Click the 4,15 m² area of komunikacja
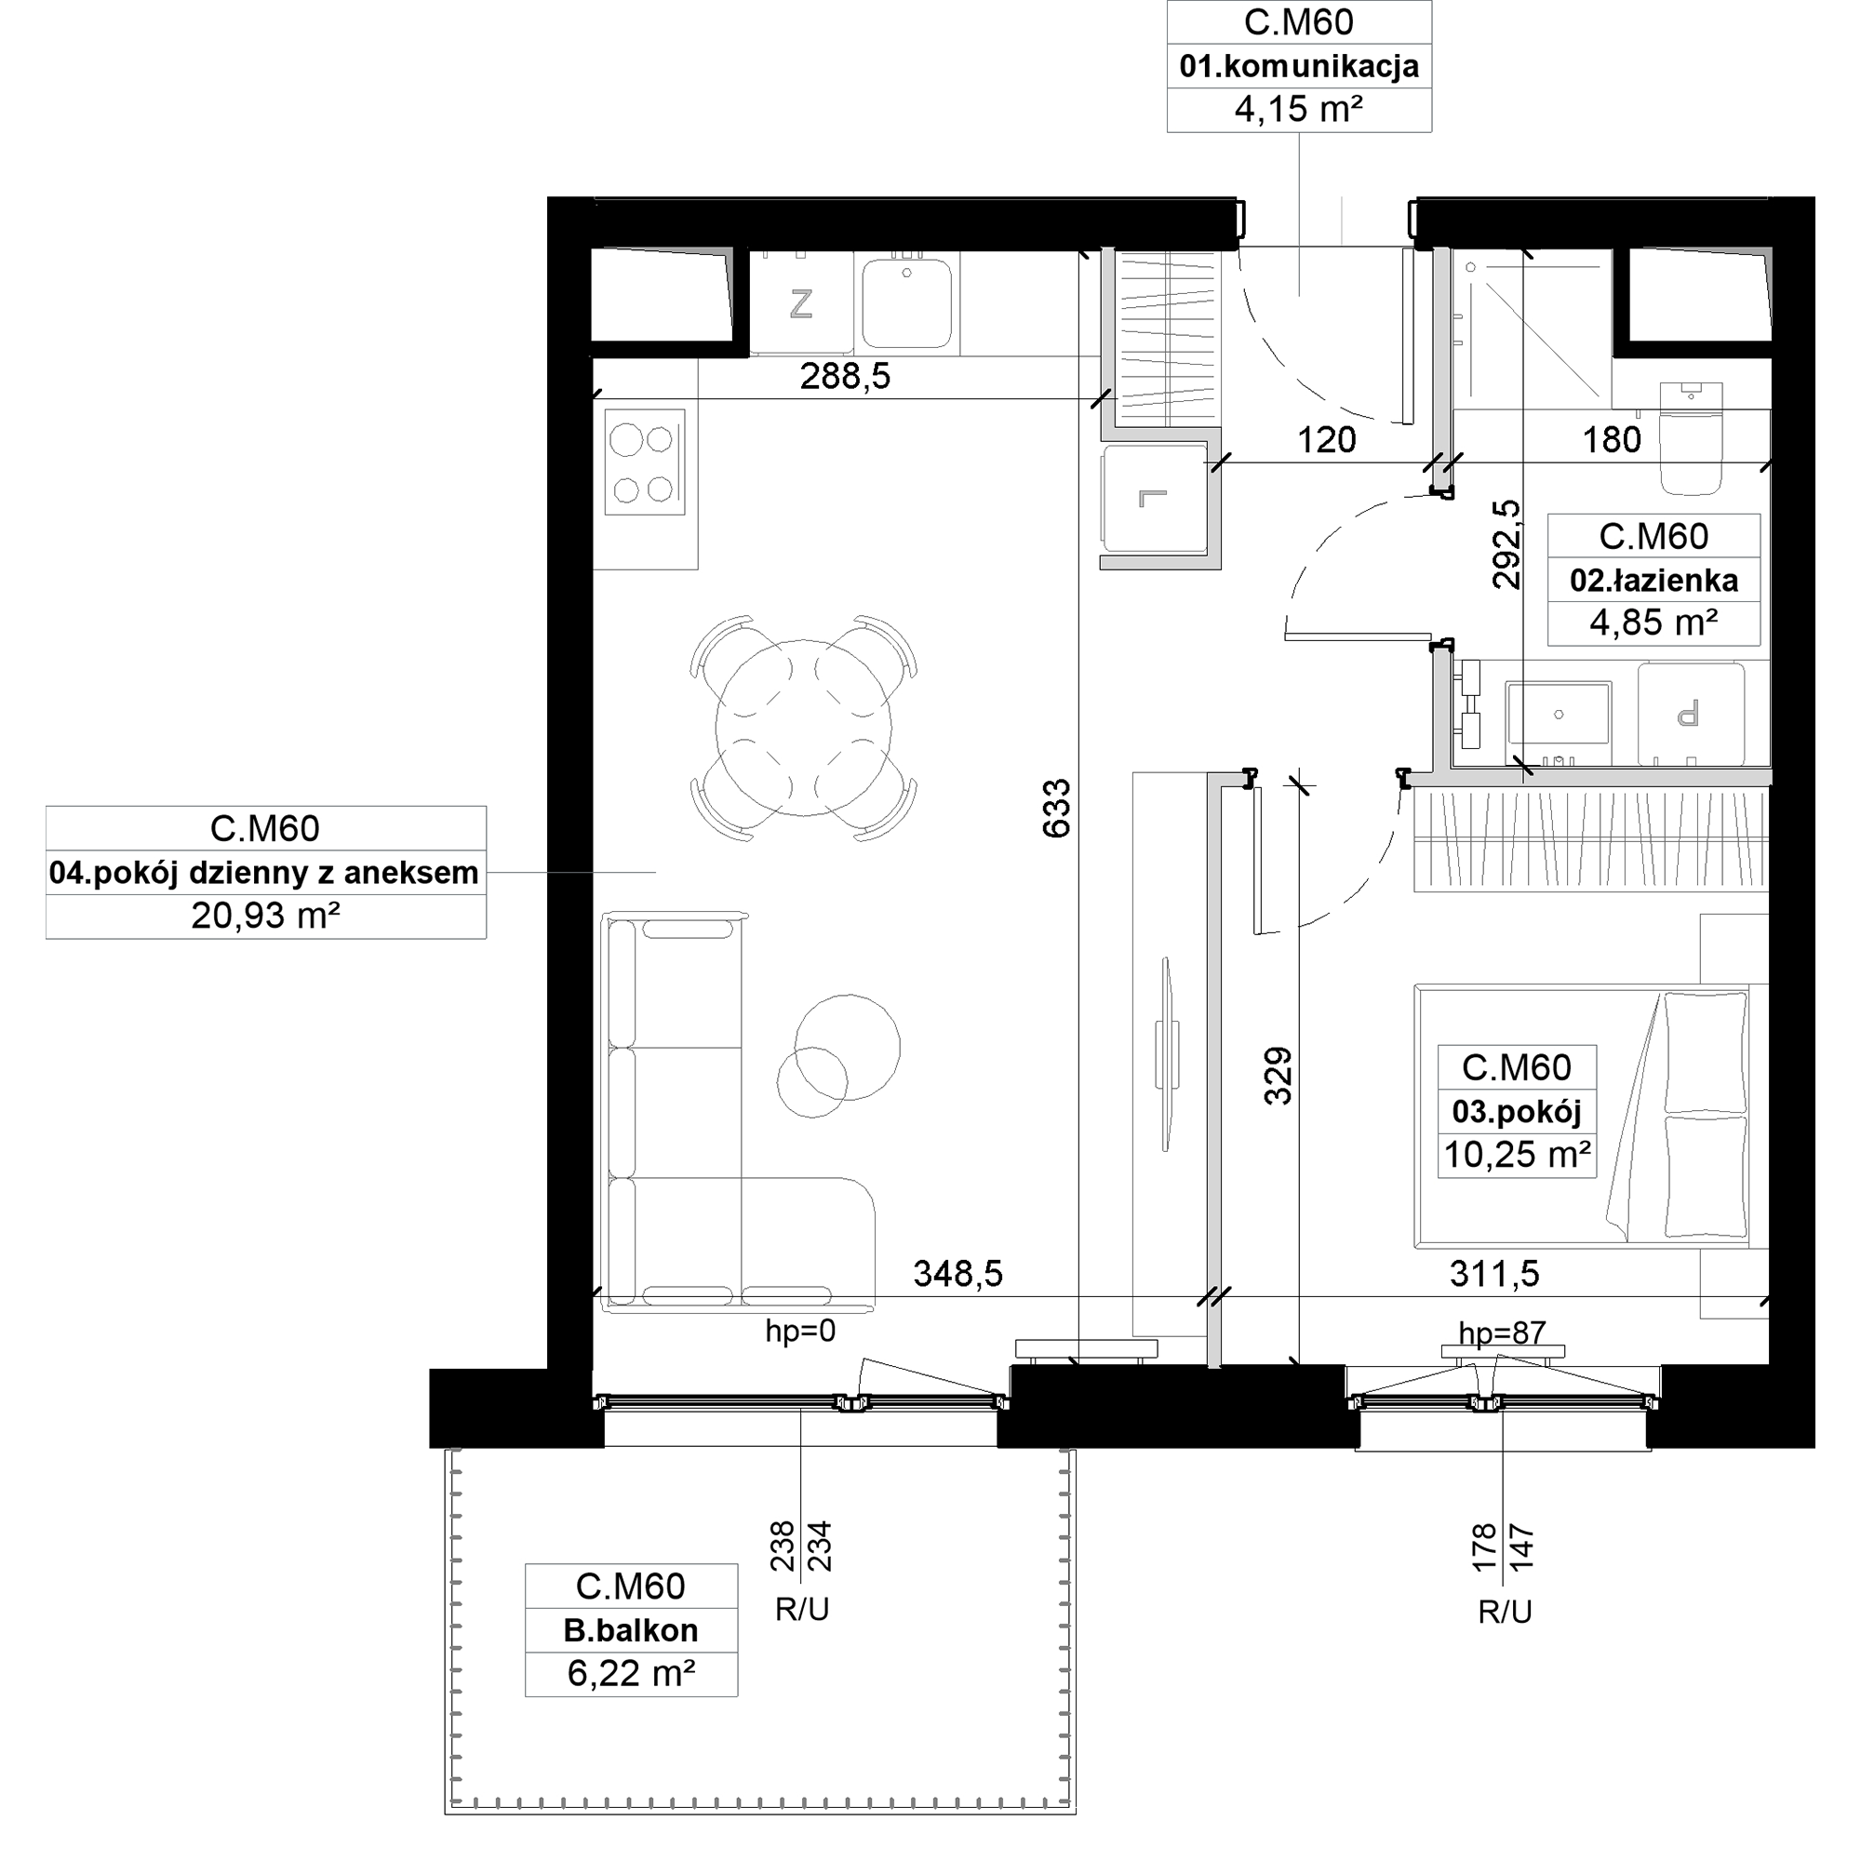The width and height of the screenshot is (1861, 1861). click(x=1297, y=109)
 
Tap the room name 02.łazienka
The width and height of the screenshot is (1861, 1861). click(x=1653, y=581)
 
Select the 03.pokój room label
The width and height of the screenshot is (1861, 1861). click(x=1516, y=1112)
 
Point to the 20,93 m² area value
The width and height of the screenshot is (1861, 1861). click(x=265, y=915)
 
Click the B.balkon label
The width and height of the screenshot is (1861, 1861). click(x=631, y=1630)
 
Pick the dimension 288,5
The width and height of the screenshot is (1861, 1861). click(x=845, y=376)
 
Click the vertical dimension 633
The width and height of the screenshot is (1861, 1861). click(x=1056, y=809)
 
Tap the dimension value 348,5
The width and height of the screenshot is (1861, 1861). click(x=957, y=1274)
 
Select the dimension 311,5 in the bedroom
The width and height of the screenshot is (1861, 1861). click(x=1494, y=1274)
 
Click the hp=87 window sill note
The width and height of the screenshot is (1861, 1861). click(x=1502, y=1333)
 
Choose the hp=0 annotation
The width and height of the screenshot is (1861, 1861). click(x=800, y=1332)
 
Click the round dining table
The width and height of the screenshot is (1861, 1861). click(x=803, y=729)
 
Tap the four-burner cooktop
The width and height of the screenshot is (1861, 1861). click(x=645, y=462)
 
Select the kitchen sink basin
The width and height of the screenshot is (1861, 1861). click(x=907, y=302)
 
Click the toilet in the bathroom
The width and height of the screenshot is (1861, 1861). click(x=1691, y=439)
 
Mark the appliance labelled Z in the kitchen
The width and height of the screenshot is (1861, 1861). click(x=800, y=304)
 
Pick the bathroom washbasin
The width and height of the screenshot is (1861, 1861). click(x=1558, y=713)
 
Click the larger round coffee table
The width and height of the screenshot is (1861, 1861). click(x=848, y=1047)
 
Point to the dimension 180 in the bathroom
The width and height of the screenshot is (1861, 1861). click(x=1612, y=440)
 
